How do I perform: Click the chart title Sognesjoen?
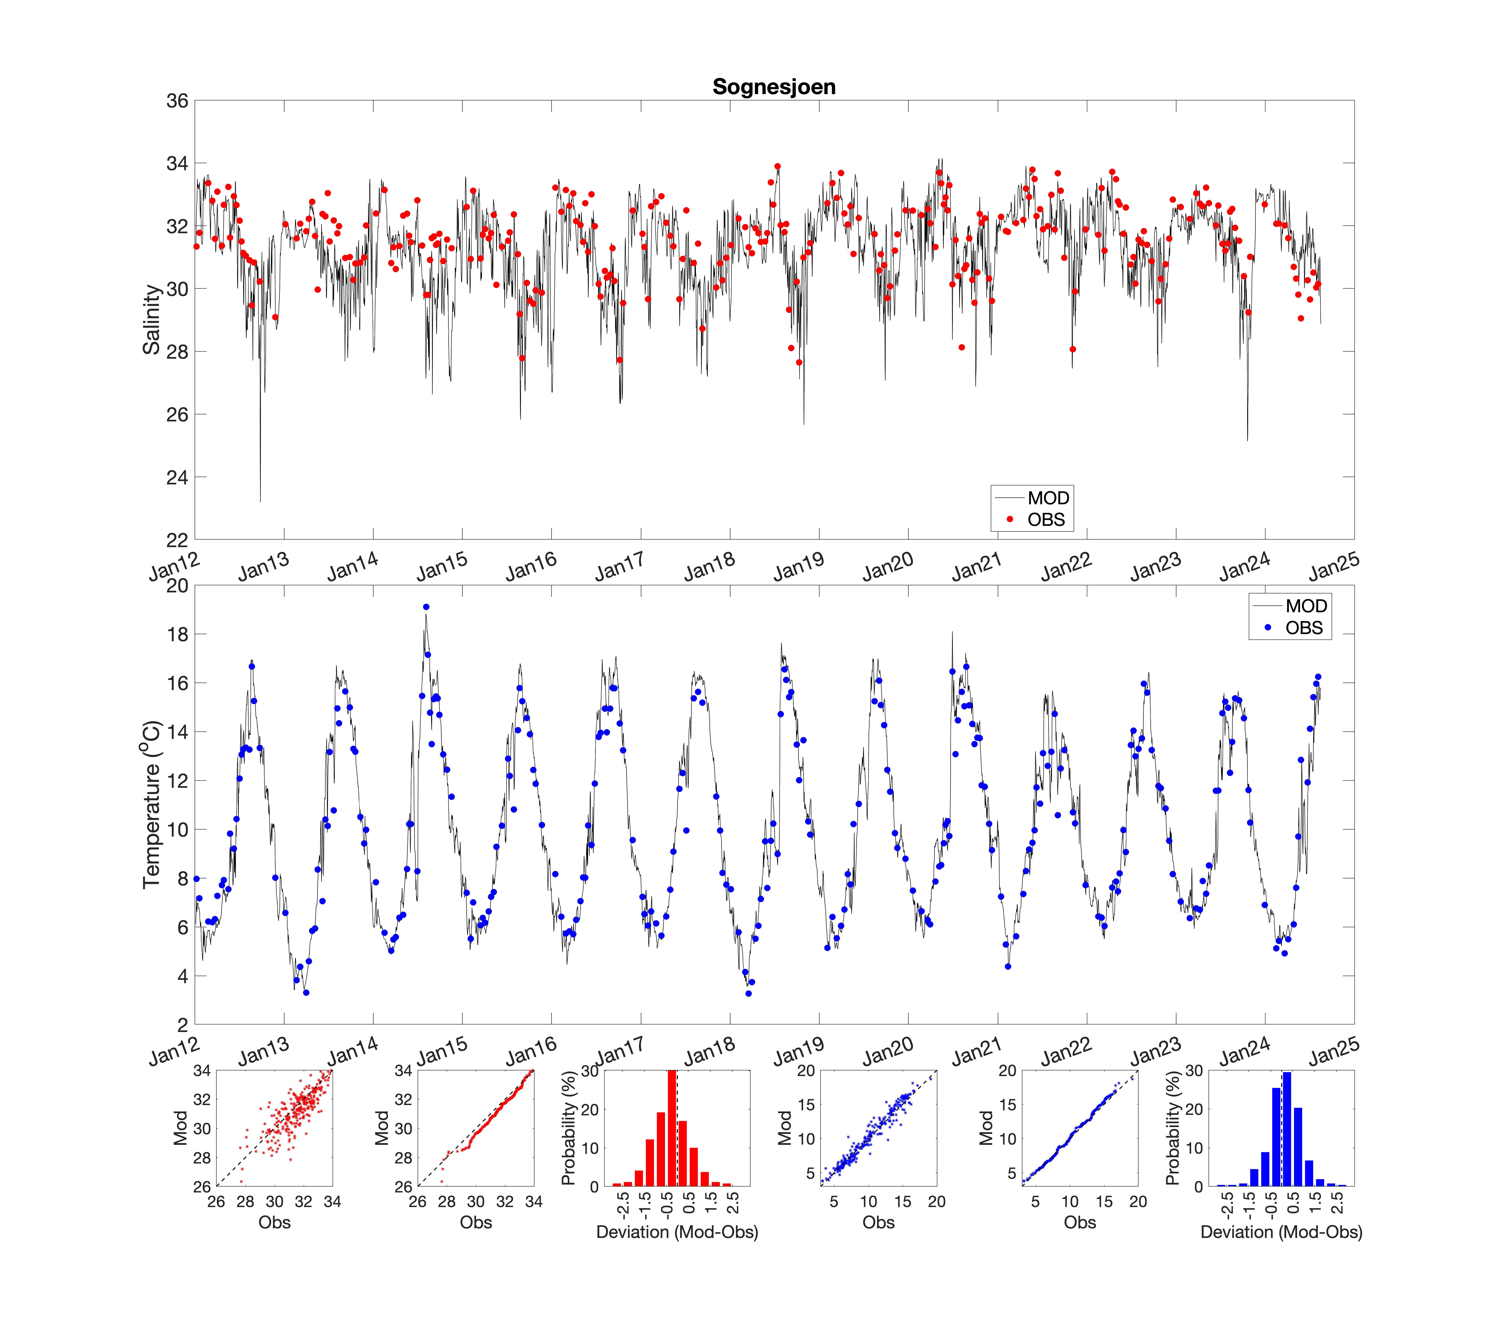(x=774, y=86)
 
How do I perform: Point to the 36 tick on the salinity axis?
(x=177, y=101)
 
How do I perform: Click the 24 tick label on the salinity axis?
(x=177, y=477)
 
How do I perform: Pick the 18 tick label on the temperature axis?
(x=177, y=634)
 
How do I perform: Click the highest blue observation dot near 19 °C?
(x=426, y=607)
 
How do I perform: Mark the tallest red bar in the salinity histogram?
(x=671, y=1128)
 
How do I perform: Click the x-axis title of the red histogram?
(x=677, y=1232)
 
